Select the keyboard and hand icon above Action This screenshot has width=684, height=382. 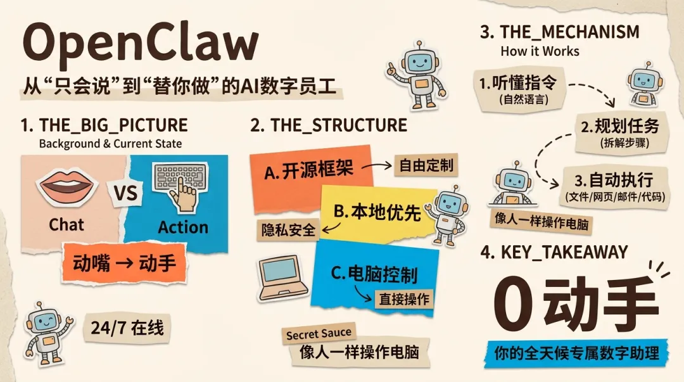(x=181, y=184)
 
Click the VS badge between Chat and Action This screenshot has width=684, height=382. (x=127, y=193)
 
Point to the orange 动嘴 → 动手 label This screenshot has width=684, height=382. (x=124, y=262)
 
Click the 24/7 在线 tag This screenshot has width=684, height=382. (x=127, y=328)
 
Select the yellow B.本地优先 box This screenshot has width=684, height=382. (x=374, y=212)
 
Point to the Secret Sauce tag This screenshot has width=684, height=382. (x=318, y=333)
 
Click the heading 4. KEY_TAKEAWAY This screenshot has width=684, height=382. (x=554, y=252)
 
